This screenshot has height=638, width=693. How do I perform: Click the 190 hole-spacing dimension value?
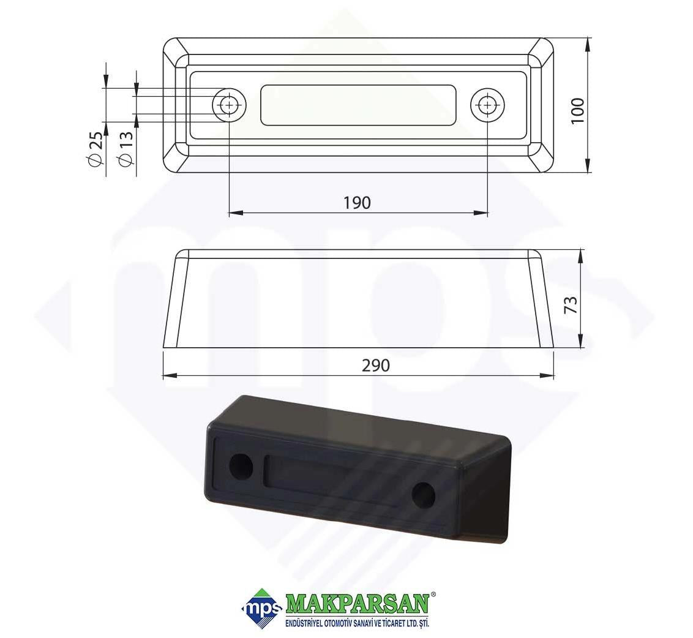tap(357, 203)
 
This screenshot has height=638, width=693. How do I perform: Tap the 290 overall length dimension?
tap(376, 366)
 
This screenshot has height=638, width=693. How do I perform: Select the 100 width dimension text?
tap(577, 111)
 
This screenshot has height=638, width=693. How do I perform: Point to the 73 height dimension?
tap(571, 305)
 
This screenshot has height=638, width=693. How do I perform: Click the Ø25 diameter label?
tap(96, 149)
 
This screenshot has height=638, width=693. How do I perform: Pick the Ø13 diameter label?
tap(126, 149)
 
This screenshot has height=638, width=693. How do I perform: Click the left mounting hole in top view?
tap(229, 105)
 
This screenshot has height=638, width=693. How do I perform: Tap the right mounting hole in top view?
tap(487, 105)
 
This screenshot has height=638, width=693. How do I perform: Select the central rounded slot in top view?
tap(358, 105)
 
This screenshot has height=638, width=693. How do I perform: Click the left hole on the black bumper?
tap(242, 466)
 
